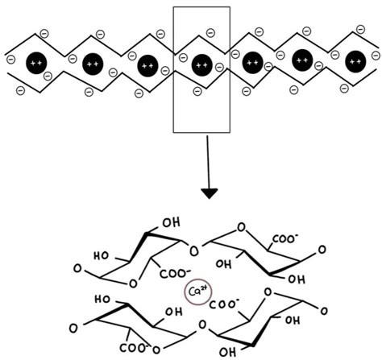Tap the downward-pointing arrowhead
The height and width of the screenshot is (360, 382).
point(209,192)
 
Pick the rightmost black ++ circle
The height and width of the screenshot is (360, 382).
point(355,61)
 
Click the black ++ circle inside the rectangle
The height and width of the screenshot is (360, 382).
point(201,61)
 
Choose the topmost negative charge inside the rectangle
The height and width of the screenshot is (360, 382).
point(210,33)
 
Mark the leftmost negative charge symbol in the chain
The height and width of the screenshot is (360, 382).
point(10,59)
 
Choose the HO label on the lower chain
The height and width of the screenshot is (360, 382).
point(102,298)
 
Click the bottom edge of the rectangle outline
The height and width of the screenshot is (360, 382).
point(201,131)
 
